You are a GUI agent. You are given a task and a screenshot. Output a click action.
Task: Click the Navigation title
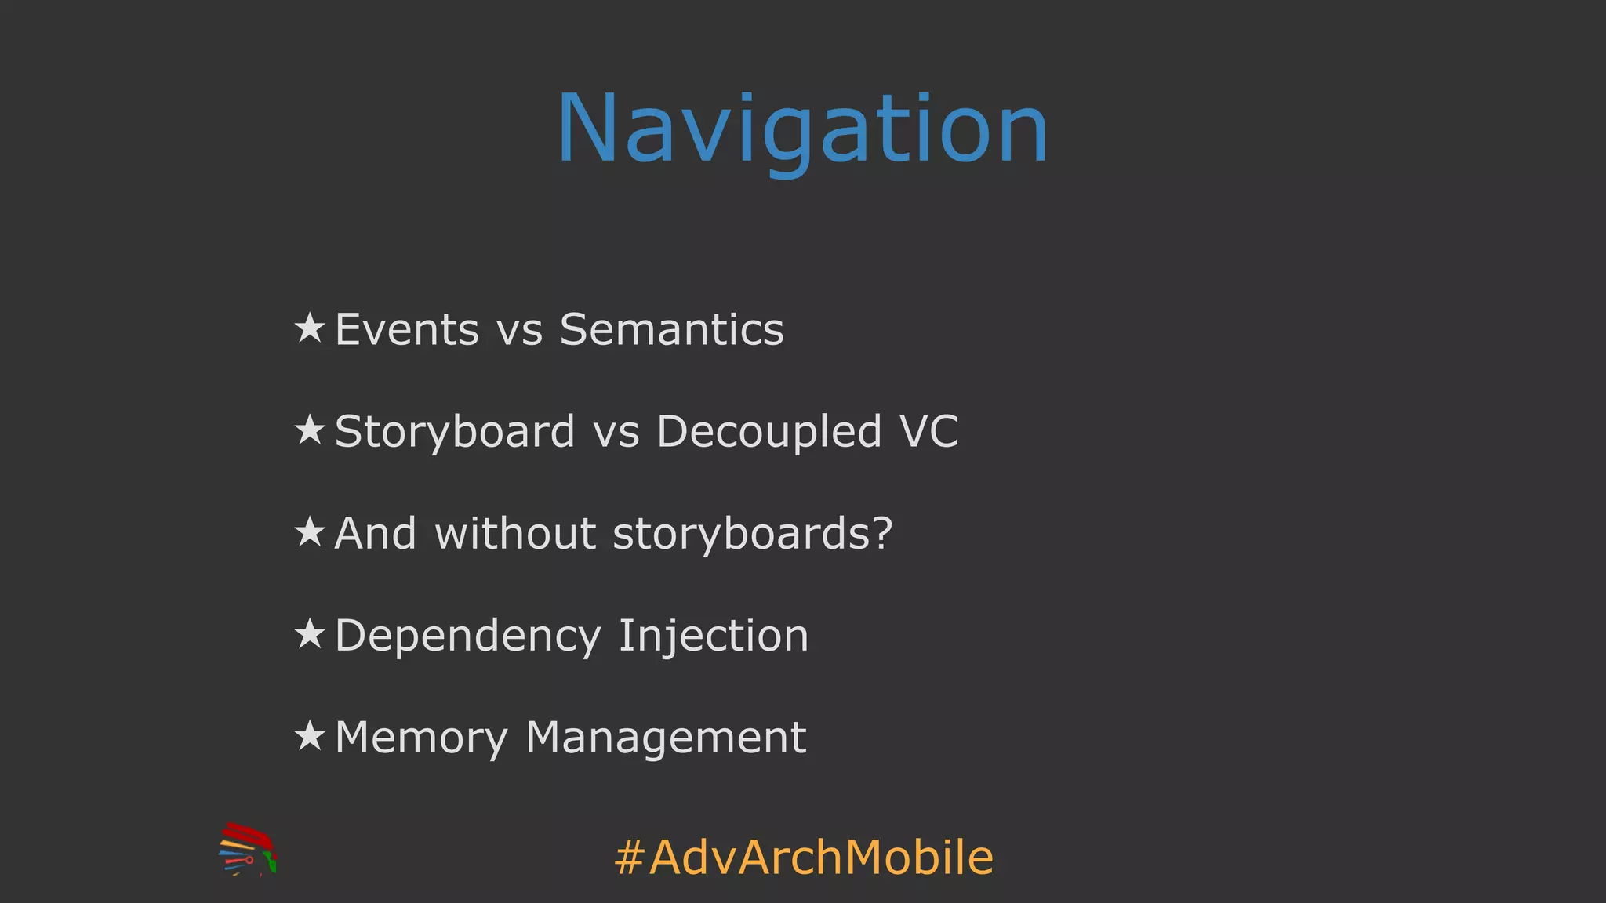(802, 129)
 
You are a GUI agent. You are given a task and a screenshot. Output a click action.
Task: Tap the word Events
(406, 329)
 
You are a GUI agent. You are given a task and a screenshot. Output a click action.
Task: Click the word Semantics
(671, 329)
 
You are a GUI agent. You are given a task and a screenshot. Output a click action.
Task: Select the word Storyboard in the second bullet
(455, 432)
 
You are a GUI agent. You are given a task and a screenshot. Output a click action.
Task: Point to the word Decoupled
(768, 432)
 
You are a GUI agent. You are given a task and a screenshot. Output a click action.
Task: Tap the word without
(515, 534)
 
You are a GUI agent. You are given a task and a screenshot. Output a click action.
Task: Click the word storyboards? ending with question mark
(752, 534)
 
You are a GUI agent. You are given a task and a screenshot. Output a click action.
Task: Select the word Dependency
(467, 636)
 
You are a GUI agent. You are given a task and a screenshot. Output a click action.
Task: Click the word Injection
(713, 636)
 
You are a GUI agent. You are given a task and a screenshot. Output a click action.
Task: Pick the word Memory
(421, 738)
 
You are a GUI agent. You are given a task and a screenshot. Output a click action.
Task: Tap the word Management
(666, 738)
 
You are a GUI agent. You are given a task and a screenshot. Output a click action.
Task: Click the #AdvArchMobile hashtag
(804, 857)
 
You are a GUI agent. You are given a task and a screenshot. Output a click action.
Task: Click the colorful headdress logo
(248, 850)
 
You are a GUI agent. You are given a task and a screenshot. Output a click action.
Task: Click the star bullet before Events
(310, 328)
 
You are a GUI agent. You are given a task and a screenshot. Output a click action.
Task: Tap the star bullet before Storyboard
(310, 430)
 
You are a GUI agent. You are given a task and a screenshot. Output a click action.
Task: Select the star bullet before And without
(310, 532)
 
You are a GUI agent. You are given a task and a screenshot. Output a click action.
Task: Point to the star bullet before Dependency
(310, 634)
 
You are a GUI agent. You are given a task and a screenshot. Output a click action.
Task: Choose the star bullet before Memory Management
(310, 736)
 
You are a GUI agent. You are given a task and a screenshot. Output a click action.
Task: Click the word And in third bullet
(375, 534)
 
